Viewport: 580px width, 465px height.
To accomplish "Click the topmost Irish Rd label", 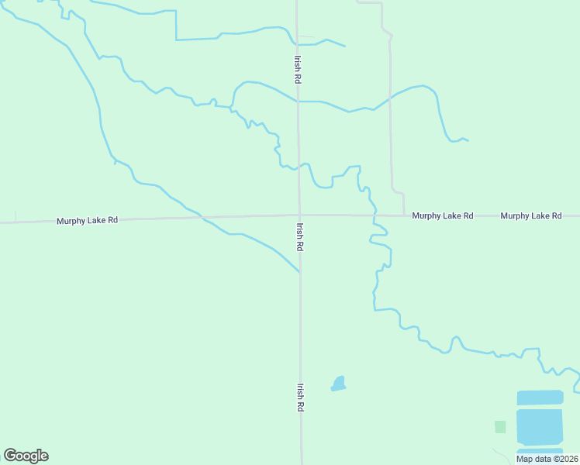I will pyautogui.click(x=297, y=69).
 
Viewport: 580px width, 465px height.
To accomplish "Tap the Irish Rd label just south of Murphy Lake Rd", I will pyautogui.click(x=299, y=236).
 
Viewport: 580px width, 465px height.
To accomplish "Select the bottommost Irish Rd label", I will pyautogui.click(x=299, y=397).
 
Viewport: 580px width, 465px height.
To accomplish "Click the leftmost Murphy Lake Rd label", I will pyautogui.click(x=87, y=221).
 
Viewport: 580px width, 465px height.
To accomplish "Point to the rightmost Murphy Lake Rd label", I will pyautogui.click(x=531, y=215).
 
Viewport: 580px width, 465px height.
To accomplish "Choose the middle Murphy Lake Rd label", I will pyautogui.click(x=443, y=215).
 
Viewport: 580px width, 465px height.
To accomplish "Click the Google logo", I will pyautogui.click(x=26, y=456).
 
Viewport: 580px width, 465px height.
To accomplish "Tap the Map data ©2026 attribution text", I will pyautogui.click(x=546, y=459).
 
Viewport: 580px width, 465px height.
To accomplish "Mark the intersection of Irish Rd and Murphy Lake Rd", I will pyautogui.click(x=299, y=215).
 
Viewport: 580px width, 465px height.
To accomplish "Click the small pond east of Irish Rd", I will pyautogui.click(x=338, y=384).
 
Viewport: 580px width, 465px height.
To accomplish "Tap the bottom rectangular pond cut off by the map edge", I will pyautogui.click(x=540, y=451).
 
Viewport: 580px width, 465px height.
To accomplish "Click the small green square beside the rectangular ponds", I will pyautogui.click(x=500, y=426).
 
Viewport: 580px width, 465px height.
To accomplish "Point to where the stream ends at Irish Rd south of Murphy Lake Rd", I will pyautogui.click(x=299, y=271).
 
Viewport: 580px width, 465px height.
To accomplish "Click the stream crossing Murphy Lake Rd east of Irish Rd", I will pyautogui.click(x=375, y=215).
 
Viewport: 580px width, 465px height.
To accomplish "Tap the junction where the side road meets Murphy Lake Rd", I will pyautogui.click(x=404, y=215).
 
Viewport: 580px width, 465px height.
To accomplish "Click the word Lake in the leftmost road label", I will pyautogui.click(x=91, y=221).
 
